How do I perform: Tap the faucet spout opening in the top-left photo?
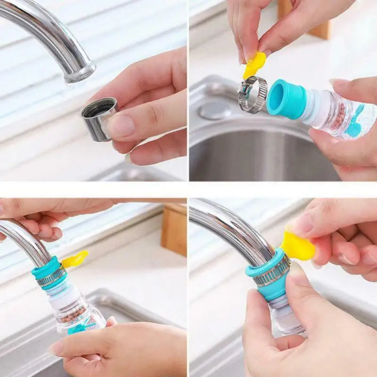80,73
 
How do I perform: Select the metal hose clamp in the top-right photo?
253,94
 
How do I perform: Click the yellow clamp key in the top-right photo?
254,65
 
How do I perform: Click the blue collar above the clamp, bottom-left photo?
46,267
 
